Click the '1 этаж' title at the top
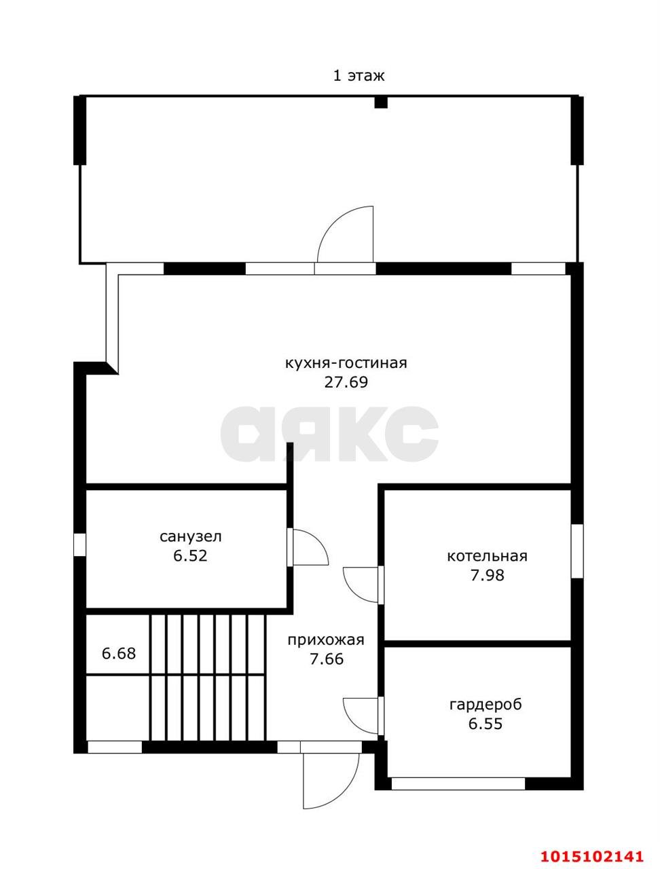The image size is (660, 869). pyautogui.click(x=359, y=75)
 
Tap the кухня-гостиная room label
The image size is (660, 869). pyautogui.click(x=346, y=363)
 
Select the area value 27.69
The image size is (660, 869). pyautogui.click(x=346, y=382)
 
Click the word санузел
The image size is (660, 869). pyautogui.click(x=190, y=537)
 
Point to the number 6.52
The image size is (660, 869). pyautogui.click(x=190, y=556)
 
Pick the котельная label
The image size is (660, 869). pyautogui.click(x=487, y=556)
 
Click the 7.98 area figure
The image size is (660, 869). pyautogui.click(x=487, y=575)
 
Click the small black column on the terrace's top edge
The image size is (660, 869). pyautogui.click(x=381, y=102)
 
